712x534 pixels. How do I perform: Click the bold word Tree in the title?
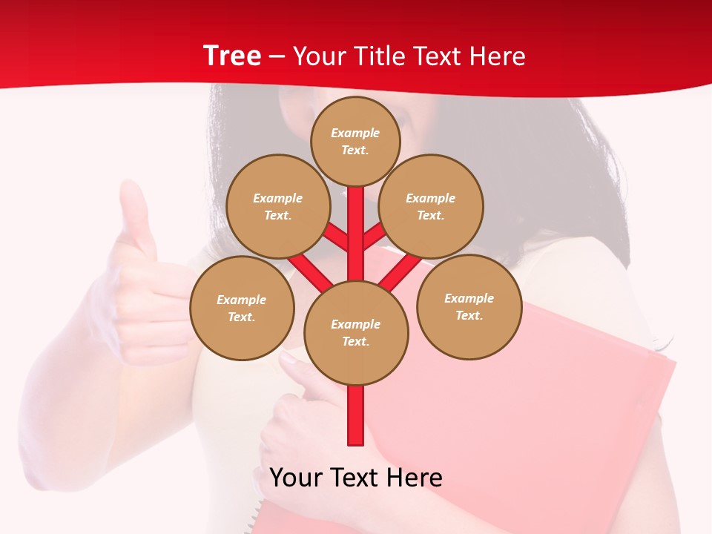(x=232, y=56)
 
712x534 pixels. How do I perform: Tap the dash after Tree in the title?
(x=277, y=57)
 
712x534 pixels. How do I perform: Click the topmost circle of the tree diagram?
(x=355, y=141)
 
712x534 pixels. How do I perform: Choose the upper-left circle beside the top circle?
(x=277, y=206)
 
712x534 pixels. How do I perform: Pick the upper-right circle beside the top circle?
(x=431, y=206)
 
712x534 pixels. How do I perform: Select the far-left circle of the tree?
(x=242, y=308)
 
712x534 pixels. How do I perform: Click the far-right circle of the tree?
(x=469, y=306)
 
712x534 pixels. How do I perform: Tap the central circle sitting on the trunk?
(x=356, y=333)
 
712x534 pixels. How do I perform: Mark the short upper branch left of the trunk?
(x=337, y=237)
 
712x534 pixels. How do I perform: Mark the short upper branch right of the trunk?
(x=373, y=236)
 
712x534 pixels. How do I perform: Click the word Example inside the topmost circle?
(x=355, y=133)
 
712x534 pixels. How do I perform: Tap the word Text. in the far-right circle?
(x=469, y=315)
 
